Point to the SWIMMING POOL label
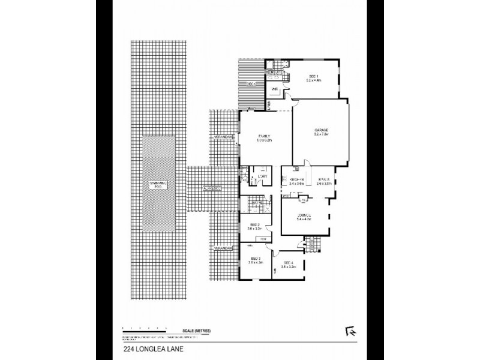pos(159,185)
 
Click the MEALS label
pos(325,179)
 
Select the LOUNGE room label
pos(304,214)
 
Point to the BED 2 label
pos(254,226)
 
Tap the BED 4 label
pos(289,262)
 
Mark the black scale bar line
pos(144,331)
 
